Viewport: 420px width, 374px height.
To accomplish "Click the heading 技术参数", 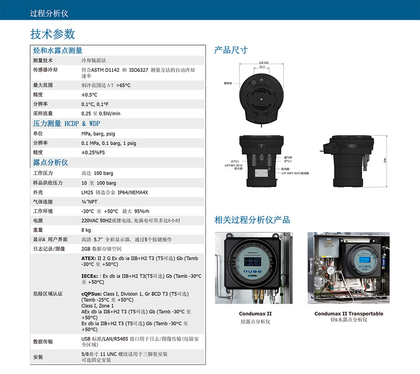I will (x=52, y=34).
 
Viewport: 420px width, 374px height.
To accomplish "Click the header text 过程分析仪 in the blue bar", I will (x=49, y=13).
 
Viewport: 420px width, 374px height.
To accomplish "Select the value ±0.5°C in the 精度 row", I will (x=89, y=95).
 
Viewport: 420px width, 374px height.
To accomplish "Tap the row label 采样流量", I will (x=43, y=114).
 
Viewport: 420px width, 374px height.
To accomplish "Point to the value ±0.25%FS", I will (x=93, y=153).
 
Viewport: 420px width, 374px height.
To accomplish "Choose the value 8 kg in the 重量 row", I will (x=86, y=230).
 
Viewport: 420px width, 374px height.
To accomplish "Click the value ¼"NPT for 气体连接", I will (x=89, y=202).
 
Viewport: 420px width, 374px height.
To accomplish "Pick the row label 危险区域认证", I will (x=48, y=294).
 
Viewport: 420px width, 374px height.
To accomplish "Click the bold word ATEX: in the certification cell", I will (x=89, y=258).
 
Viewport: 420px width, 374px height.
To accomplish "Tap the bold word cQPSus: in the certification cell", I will (x=92, y=294).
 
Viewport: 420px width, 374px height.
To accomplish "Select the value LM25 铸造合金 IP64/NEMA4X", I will (x=115, y=192).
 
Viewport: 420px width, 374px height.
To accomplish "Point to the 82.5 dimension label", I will (x=262, y=66).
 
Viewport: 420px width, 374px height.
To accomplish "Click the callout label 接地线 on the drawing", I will (x=228, y=84).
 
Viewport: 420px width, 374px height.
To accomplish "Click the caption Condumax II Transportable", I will (x=349, y=314).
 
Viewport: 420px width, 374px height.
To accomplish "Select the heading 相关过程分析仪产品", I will (x=252, y=220).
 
